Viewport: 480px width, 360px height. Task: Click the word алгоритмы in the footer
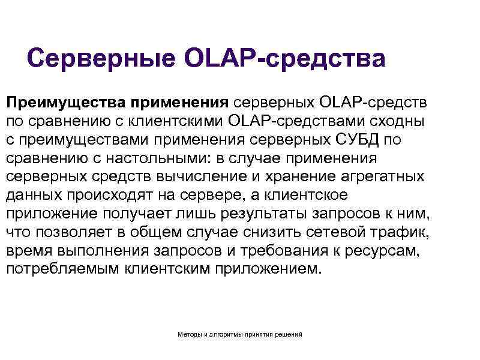tap(226, 334)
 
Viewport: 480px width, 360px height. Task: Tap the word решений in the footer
tap(289, 334)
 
